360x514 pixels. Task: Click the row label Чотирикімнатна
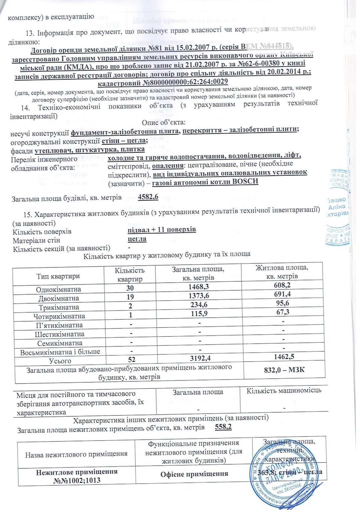(59, 316)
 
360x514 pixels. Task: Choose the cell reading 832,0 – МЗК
(284, 370)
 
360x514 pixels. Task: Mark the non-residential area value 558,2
(223, 427)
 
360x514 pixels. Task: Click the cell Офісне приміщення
(194, 474)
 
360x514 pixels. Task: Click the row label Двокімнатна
(59, 298)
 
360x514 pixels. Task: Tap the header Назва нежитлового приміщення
(76, 454)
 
